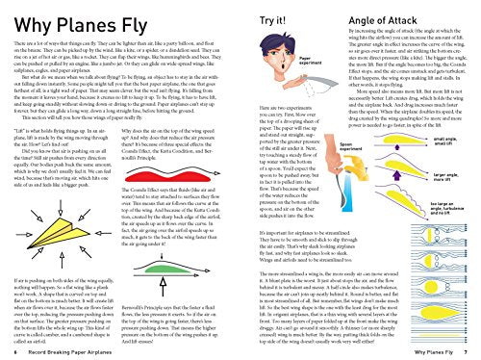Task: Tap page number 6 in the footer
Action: [x=9, y=352]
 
